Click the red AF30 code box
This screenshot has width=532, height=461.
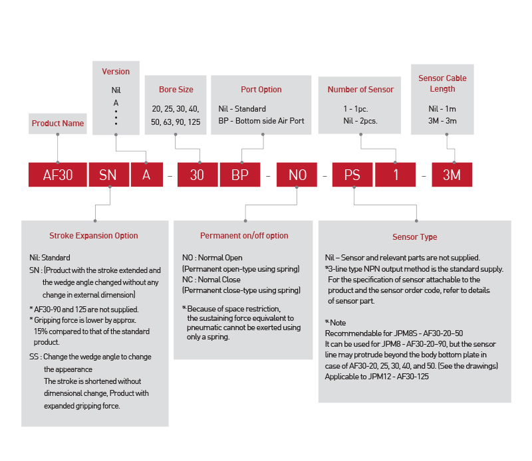(x=57, y=175)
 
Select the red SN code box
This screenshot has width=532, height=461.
(x=108, y=175)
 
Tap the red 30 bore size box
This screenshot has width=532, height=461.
(x=197, y=175)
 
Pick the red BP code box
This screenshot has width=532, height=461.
(x=240, y=175)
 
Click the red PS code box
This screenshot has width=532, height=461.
(x=352, y=175)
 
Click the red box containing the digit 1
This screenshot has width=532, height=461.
(x=396, y=175)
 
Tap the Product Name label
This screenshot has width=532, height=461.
(x=58, y=123)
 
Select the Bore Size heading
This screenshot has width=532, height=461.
(x=176, y=90)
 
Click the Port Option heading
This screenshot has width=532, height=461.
(x=261, y=90)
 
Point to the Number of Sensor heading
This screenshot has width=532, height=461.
(x=360, y=90)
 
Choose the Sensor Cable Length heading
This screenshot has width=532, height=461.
(x=442, y=83)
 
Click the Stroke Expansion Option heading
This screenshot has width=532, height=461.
(x=94, y=236)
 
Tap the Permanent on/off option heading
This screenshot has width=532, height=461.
(x=244, y=236)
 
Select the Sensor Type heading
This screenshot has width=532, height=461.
(x=414, y=237)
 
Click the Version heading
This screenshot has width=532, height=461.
(x=116, y=72)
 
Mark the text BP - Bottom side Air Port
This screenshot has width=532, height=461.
(x=261, y=121)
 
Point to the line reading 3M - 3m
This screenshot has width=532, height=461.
(x=443, y=121)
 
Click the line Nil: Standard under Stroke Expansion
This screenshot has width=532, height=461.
(x=45, y=257)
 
